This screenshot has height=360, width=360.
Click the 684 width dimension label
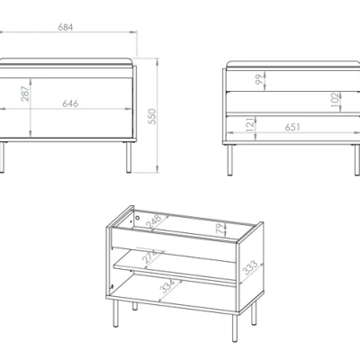[x=66, y=27]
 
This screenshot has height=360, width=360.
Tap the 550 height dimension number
[x=152, y=116]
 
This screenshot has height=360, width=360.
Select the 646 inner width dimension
[x=70, y=103]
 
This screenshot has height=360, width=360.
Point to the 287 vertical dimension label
[x=25, y=94]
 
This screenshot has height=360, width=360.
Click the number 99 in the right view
[x=259, y=79]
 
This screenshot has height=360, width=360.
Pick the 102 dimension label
[x=335, y=100]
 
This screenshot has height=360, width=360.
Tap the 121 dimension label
[x=250, y=124]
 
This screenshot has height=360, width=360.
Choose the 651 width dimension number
[x=292, y=127]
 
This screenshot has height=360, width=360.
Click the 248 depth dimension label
[x=154, y=222]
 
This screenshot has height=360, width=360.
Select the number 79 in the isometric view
[x=220, y=229]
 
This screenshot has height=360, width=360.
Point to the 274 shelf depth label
[x=149, y=256]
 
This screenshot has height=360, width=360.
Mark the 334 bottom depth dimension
[x=167, y=286]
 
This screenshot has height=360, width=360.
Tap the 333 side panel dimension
[x=250, y=267]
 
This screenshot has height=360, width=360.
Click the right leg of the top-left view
[x=129, y=157]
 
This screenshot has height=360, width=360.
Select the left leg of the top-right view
[x=229, y=160]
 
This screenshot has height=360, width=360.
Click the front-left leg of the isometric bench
[x=116, y=313]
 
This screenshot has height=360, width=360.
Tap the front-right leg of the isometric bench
[x=235, y=328]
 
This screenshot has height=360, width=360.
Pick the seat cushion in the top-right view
[x=293, y=64]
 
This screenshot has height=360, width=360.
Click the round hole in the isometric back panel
[x=138, y=217]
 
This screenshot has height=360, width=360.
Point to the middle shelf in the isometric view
[x=175, y=268]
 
